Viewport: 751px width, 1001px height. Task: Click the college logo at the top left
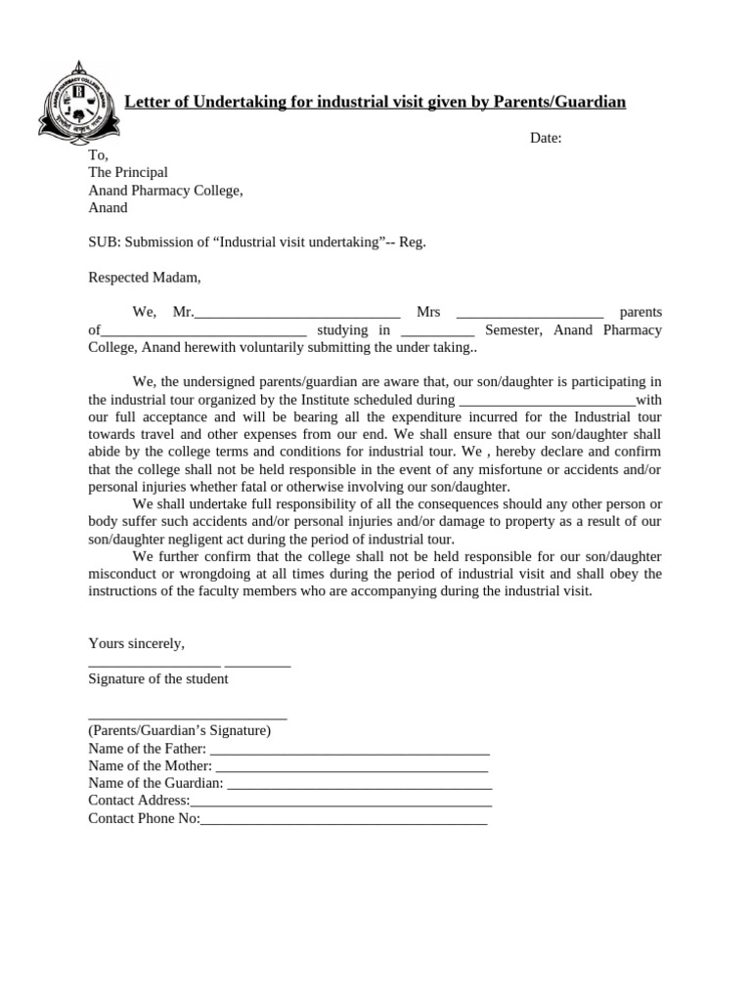(x=78, y=102)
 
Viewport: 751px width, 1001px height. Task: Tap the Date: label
(x=546, y=138)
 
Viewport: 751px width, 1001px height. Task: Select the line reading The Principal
(x=128, y=172)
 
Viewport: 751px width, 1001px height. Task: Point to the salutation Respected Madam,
(x=144, y=278)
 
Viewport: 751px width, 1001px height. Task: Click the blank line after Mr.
(x=297, y=314)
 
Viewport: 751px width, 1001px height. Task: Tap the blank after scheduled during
(x=547, y=401)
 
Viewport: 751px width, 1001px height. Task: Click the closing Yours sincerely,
(x=136, y=643)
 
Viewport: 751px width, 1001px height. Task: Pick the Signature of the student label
(x=158, y=678)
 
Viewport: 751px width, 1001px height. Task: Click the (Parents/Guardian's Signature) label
(x=180, y=730)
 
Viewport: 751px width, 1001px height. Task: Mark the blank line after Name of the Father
(x=349, y=750)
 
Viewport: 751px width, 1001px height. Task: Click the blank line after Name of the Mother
(x=352, y=767)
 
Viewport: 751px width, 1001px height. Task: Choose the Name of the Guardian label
(x=155, y=783)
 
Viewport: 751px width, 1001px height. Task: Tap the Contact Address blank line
(x=341, y=802)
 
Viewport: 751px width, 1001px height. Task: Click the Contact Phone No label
(x=144, y=818)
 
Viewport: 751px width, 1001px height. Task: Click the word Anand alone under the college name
(x=108, y=207)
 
